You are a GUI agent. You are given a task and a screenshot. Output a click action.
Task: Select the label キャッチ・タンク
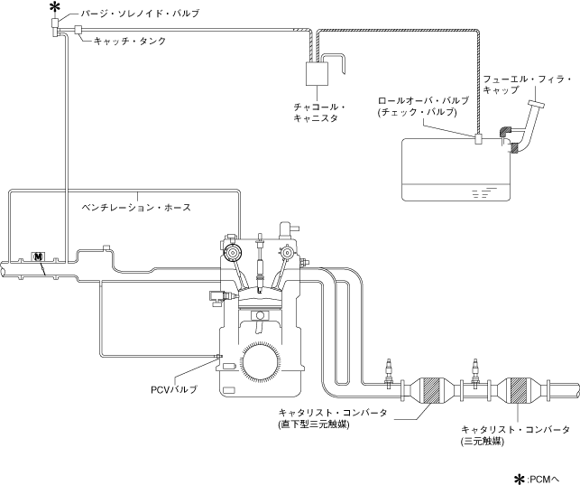[x=130, y=41]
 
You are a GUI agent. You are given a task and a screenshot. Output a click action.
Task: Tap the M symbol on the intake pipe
[x=38, y=257]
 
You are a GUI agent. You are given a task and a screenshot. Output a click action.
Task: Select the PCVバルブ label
[x=173, y=389]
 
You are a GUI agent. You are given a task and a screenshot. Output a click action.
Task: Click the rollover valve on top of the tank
[x=478, y=139]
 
